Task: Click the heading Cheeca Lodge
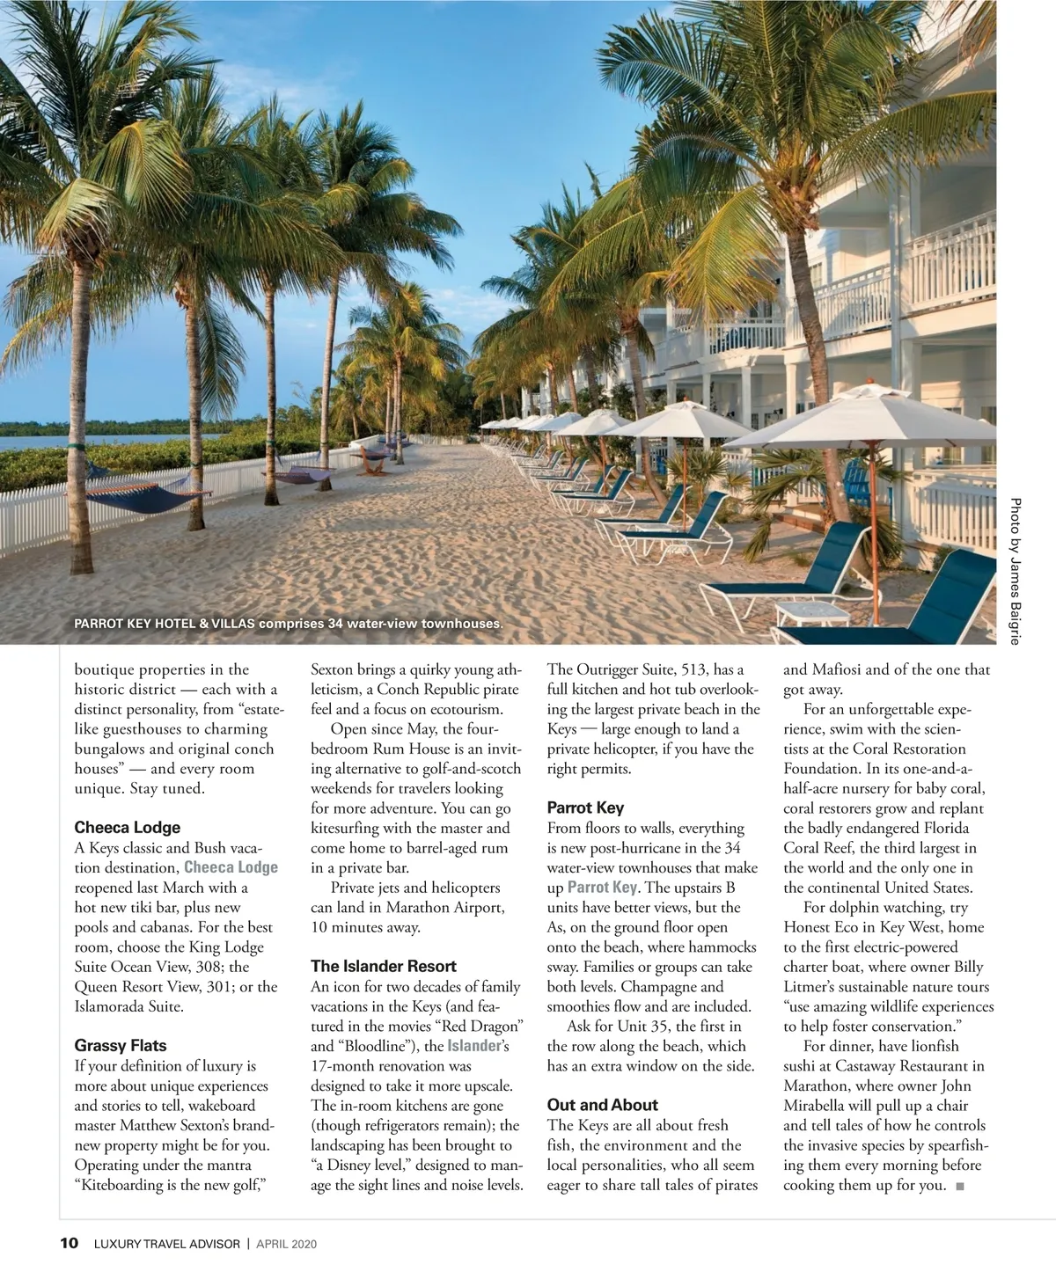point(127,828)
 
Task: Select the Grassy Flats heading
point(121,1046)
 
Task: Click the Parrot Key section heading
point(585,808)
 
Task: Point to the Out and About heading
point(603,1105)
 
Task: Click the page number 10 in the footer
point(70,1244)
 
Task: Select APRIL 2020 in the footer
point(286,1244)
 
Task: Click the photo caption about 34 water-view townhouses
point(289,624)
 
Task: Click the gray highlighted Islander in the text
point(474,1046)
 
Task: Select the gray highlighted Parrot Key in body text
point(602,888)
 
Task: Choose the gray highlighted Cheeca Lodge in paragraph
point(231,867)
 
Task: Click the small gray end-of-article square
point(959,1187)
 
